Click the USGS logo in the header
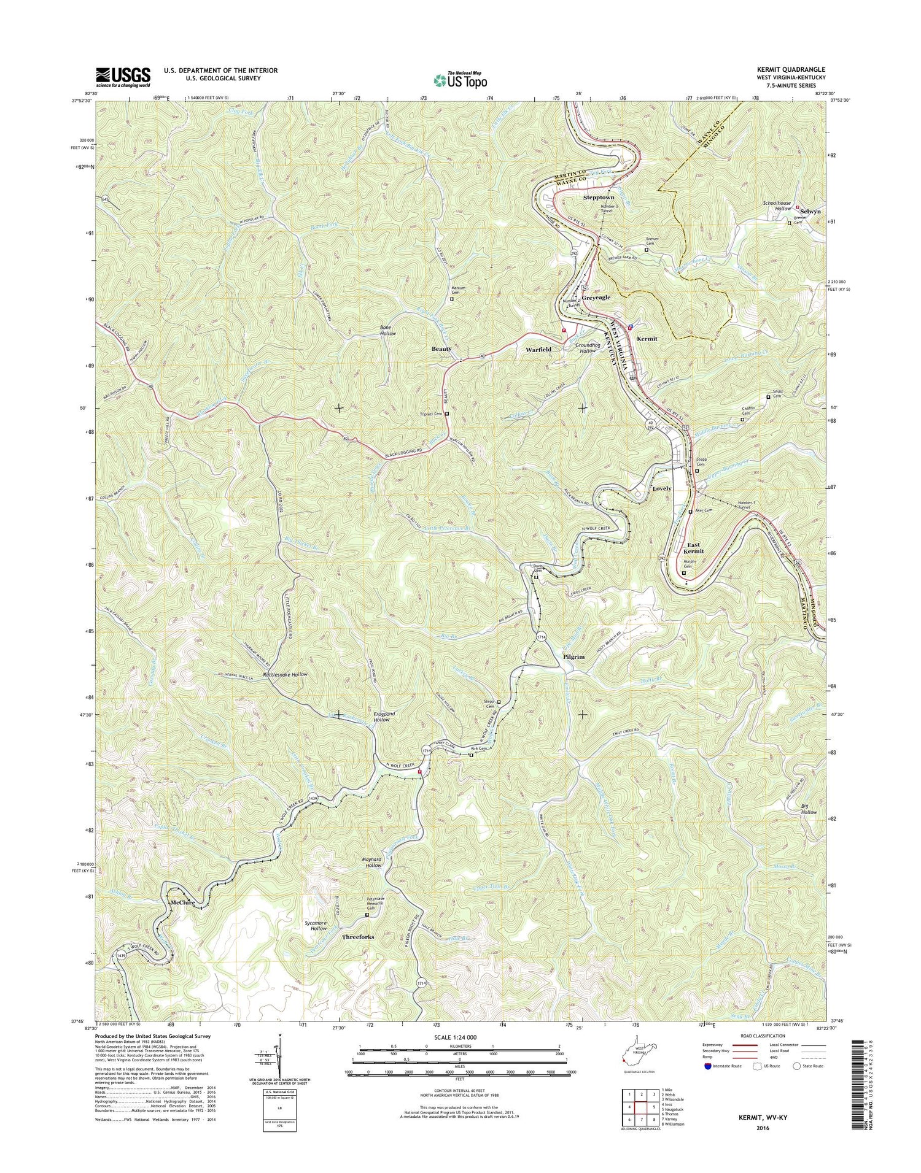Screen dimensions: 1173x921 (123, 75)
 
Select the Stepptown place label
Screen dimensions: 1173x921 (598, 198)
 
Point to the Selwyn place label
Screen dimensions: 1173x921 (810, 211)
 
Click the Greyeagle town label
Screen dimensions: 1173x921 (596, 298)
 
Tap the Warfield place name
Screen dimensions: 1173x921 (538, 350)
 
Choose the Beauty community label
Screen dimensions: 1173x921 (441, 348)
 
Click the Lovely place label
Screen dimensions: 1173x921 (662, 489)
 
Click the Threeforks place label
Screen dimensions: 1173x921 (358, 937)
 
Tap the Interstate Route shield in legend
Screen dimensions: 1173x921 (708, 1066)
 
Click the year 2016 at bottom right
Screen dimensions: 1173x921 (763, 1128)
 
